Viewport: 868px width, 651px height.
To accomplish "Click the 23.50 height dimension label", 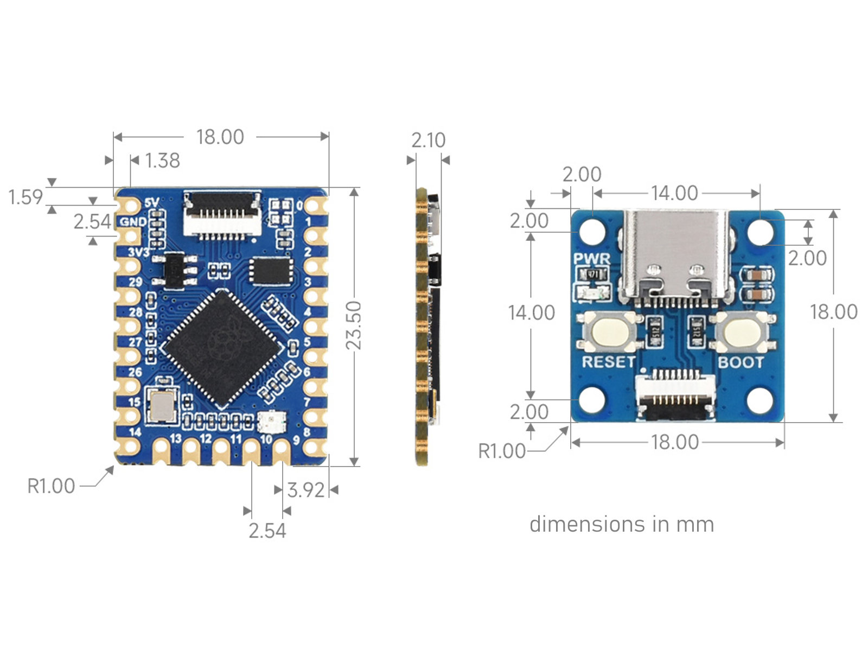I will (354, 325).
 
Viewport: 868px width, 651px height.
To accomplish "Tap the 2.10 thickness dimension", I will (428, 140).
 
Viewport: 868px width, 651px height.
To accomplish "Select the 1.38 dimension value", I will (163, 161).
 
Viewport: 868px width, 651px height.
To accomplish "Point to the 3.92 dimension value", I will (305, 490).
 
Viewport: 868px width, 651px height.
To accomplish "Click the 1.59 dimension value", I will (25, 197).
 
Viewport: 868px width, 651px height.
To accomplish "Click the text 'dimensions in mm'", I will (622, 524).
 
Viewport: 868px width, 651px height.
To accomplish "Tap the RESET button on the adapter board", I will (609, 331).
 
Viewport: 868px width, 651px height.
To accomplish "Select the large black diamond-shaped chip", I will (223, 349).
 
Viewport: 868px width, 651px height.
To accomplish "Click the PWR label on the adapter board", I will (591, 259).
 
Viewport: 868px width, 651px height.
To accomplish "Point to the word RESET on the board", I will (609, 362).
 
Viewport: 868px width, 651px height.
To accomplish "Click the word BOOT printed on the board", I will (741, 362).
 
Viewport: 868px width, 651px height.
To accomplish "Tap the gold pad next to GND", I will (130, 237).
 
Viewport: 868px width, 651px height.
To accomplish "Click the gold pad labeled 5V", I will (130, 206).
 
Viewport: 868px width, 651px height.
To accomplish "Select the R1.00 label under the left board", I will (51, 486).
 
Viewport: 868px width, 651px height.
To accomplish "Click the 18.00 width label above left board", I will (220, 137).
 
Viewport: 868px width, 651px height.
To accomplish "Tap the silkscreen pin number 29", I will (135, 282).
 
